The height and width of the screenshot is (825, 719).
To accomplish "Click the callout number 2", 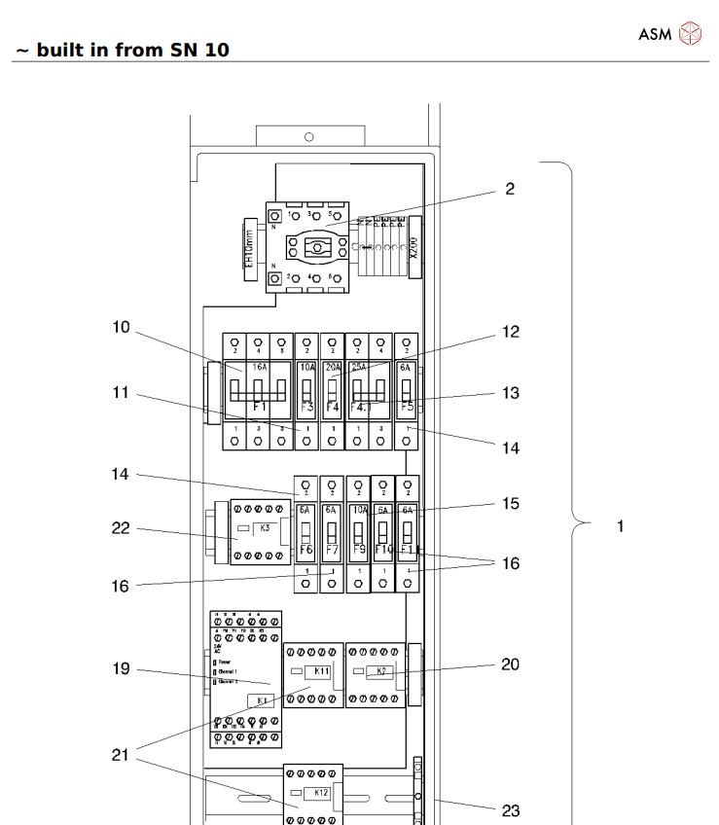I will coord(510,189).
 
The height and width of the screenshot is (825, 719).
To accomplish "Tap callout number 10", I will coord(121,327).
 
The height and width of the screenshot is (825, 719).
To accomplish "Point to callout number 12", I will coord(511,332).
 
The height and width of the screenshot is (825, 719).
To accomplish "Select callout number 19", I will coord(121,669).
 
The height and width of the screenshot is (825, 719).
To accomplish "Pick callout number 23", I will coord(511,809).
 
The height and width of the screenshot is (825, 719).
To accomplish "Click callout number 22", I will coord(121,529).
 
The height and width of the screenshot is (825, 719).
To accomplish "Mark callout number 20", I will coord(510,664).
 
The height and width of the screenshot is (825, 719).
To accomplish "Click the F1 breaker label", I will coord(260,406).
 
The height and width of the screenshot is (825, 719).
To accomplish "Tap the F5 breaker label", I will coord(407,406).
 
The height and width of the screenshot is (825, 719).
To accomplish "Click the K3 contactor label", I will coord(265,527).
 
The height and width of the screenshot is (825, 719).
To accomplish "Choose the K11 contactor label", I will coord(321,671).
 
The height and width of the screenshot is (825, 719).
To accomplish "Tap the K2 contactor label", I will coord(382,671).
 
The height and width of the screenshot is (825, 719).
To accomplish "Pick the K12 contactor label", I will coord(321,793).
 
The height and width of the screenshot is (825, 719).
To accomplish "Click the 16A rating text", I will coord(260,369).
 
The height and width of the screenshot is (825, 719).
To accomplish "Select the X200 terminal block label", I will coord(413,246).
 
